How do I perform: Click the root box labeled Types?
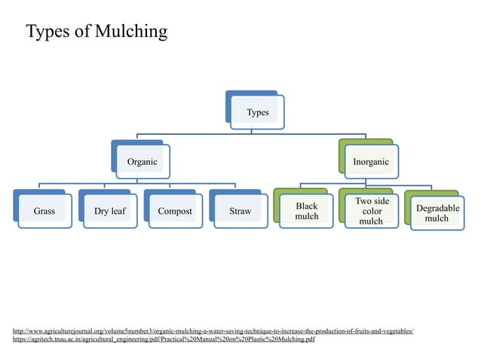point(258,112)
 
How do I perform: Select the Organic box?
point(142,161)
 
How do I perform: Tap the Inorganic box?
point(371,161)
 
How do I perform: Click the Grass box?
point(44,211)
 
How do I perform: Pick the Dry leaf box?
point(109,211)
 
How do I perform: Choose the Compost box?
point(174,211)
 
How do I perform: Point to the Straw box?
point(240,211)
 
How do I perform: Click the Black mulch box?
point(306,211)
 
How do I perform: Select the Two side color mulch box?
point(371,211)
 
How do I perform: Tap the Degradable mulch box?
point(436,212)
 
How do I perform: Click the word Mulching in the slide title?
point(127,32)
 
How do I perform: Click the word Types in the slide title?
point(49,32)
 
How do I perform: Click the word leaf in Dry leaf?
point(118,211)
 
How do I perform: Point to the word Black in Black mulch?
point(306,206)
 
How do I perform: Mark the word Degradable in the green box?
point(436,207)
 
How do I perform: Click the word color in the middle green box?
point(371,211)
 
